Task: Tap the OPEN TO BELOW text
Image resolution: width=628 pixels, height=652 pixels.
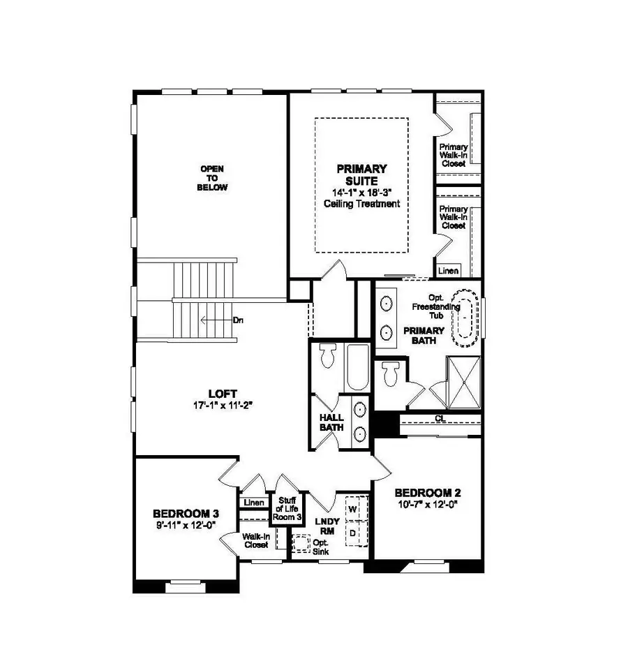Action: pos(214,178)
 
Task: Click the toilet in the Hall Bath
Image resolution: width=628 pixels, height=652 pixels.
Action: pos(326,357)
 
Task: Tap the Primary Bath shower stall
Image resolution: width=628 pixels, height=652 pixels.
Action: pos(463,383)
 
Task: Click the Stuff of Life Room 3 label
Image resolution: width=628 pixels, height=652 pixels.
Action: pos(287,509)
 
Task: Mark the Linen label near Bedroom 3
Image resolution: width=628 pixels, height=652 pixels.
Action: pos(254,503)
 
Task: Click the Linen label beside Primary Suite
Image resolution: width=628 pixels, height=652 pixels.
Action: pos(448,270)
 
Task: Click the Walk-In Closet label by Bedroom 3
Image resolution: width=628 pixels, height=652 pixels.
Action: pos(255,541)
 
